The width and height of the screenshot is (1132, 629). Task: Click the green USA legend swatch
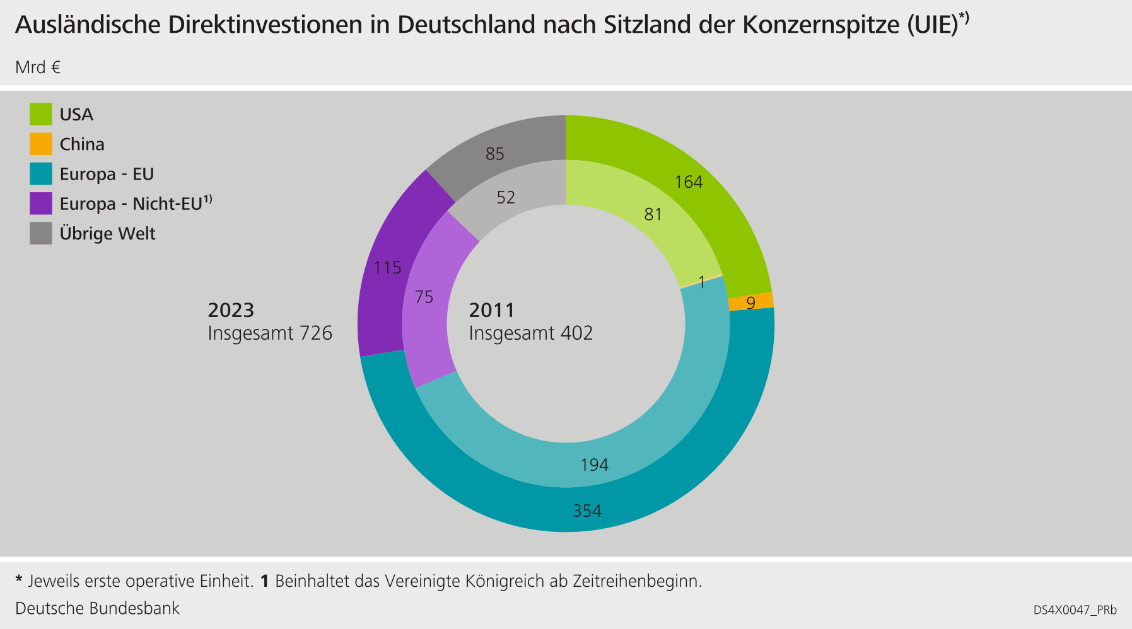[x=41, y=114]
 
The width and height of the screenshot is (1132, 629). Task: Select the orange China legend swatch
[x=41, y=144]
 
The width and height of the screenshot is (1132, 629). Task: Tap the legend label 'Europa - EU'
[x=107, y=174]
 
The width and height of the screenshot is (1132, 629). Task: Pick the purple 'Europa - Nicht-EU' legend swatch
[x=41, y=204]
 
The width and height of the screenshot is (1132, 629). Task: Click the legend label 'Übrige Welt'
[x=107, y=233]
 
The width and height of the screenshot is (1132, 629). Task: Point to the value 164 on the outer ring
[x=689, y=182]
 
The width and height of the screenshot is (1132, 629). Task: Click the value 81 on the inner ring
[x=653, y=214]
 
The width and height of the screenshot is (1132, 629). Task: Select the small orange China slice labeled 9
[x=750, y=302]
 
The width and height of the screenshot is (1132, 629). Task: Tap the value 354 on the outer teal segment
[x=586, y=511]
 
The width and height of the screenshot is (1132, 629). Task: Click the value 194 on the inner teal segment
[x=594, y=465]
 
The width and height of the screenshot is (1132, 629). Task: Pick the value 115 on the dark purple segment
[x=387, y=268]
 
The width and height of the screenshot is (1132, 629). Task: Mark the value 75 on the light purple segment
[x=424, y=297]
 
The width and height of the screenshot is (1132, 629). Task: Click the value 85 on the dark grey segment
[x=495, y=154]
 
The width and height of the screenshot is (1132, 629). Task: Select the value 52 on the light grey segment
[x=506, y=198]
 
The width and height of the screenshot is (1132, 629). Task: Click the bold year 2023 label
[x=231, y=310]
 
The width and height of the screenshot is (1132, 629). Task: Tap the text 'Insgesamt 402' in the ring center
[x=530, y=333]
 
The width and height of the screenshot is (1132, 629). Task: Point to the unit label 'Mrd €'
[x=38, y=67]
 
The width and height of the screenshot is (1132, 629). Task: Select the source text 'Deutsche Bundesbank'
[x=97, y=608]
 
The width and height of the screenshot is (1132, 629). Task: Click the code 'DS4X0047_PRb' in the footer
[x=1075, y=610]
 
